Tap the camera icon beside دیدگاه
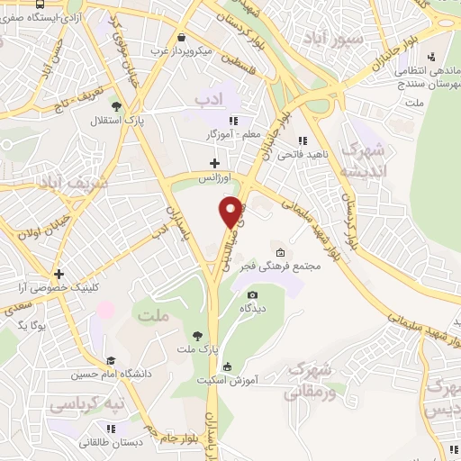click(252, 295)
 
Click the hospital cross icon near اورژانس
click(213, 163)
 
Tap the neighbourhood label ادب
click(208, 95)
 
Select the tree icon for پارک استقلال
click(114, 105)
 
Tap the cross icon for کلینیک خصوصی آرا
click(59, 274)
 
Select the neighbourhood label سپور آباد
click(336, 40)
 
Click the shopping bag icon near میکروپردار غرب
click(182, 38)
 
